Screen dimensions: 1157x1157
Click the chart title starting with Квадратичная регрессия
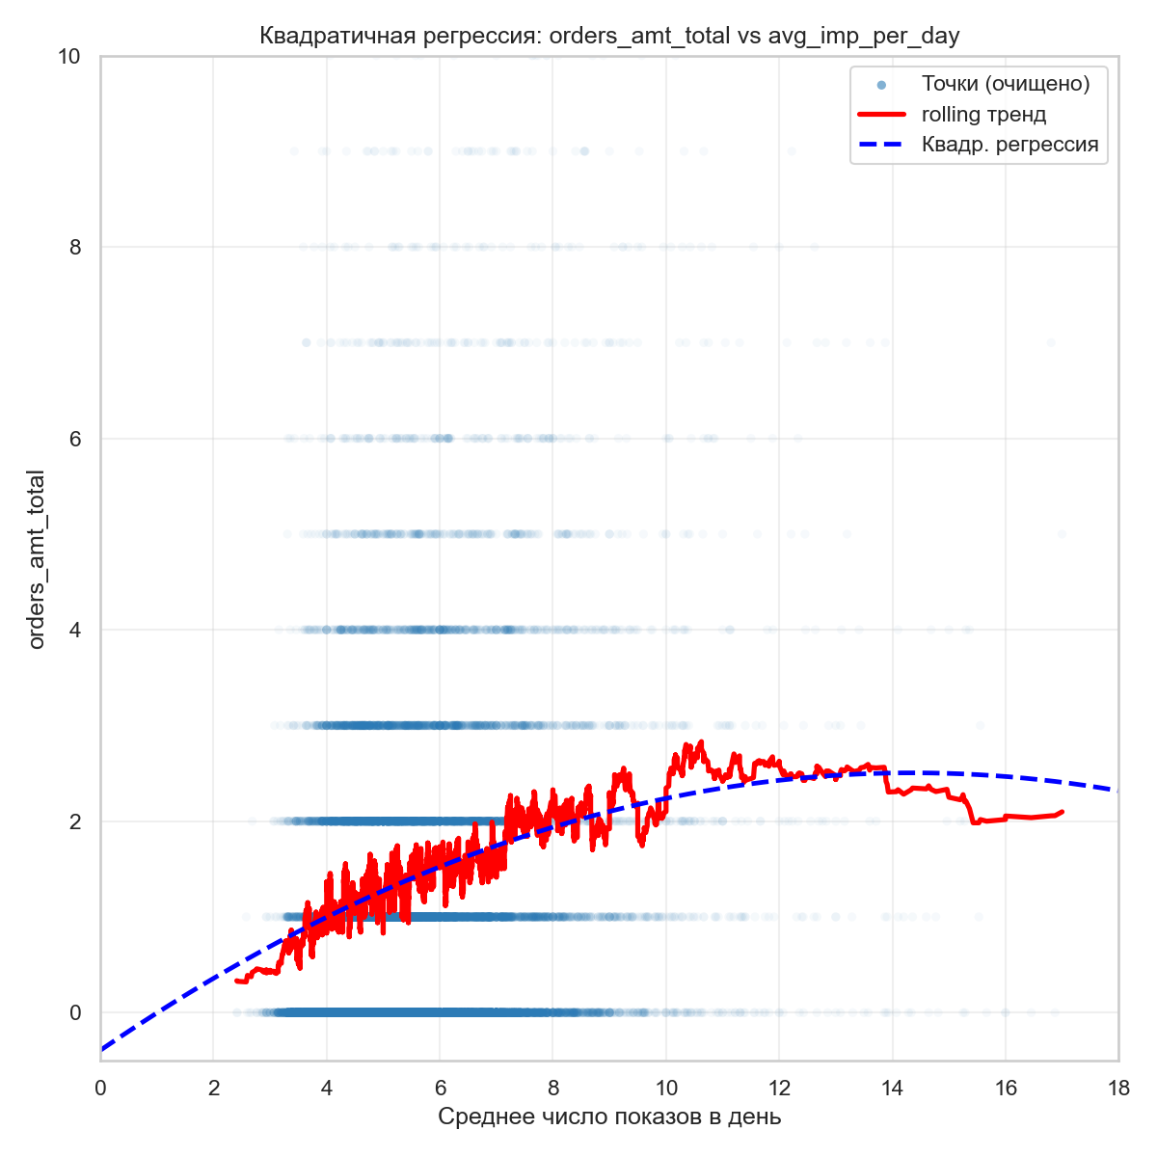click(x=609, y=37)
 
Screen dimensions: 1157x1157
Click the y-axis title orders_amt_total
click(x=38, y=559)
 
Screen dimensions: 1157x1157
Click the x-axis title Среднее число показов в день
click(x=609, y=1117)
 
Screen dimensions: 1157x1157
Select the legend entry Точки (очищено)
click(x=1005, y=84)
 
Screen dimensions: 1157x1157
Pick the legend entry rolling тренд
click(x=983, y=115)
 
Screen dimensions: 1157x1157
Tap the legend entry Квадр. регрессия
click(x=1009, y=146)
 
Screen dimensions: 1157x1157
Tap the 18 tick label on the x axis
click(x=1118, y=1088)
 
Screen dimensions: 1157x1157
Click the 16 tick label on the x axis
click(x=1006, y=1088)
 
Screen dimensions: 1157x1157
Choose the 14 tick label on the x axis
click(x=893, y=1088)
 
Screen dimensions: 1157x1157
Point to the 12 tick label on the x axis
click(x=779, y=1088)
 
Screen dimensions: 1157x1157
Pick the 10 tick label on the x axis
click(x=666, y=1088)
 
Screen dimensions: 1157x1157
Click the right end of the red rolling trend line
click(x=1062, y=812)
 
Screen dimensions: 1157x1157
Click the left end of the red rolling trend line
click(x=236, y=981)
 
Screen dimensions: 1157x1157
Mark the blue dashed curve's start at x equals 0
click(x=101, y=1049)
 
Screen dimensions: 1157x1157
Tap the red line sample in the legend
click(x=881, y=115)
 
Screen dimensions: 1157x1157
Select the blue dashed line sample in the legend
click(x=881, y=146)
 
